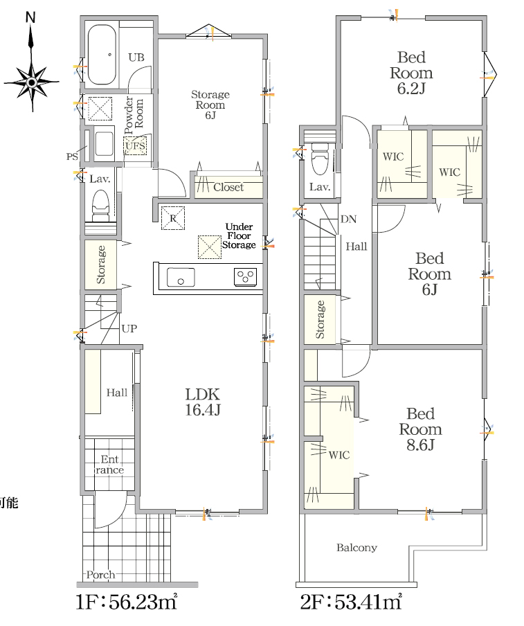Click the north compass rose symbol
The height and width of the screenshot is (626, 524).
click(32, 82)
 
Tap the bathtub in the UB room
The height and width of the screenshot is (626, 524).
click(102, 55)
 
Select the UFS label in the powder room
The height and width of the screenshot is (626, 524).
click(135, 145)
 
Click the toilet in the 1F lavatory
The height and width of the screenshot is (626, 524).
click(100, 206)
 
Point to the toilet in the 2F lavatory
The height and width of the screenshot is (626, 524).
click(319, 159)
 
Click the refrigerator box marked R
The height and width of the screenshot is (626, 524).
click(173, 218)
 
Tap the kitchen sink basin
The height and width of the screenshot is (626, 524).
click(181, 277)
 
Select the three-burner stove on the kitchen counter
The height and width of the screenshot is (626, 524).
click(245, 277)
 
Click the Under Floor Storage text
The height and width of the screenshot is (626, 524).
click(239, 235)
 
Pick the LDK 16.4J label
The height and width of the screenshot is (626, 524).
click(202, 402)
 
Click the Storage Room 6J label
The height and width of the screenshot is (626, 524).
click(210, 105)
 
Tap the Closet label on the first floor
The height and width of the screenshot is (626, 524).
click(228, 187)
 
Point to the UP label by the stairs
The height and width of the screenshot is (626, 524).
click(129, 328)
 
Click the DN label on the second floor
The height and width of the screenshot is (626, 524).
click(348, 219)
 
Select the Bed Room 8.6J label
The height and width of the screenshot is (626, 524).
click(421, 429)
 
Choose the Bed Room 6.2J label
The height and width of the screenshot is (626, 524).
click(411, 73)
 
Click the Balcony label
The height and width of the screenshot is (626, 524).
click(356, 547)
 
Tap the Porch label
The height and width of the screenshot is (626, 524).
click(100, 575)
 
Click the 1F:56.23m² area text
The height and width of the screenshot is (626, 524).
click(127, 602)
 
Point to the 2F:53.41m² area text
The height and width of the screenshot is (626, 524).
click(351, 602)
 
